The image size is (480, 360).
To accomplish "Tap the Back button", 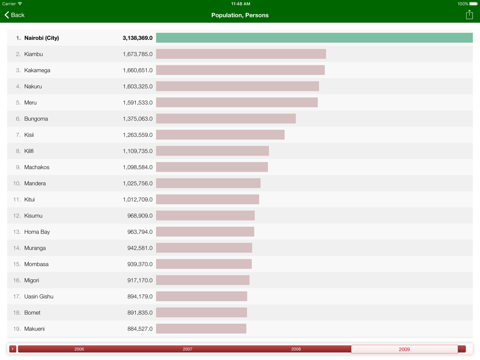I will tap(14, 15).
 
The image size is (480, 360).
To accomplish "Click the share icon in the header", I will tap(469, 15).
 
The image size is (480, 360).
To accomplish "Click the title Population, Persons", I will tap(240, 15).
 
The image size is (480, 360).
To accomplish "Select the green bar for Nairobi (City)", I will tap(314, 38).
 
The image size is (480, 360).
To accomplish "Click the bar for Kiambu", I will tap(241, 54).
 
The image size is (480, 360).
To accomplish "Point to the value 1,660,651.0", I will tap(137, 70).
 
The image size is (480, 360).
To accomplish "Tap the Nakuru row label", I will tap(33, 86).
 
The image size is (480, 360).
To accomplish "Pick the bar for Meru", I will tap(237, 103).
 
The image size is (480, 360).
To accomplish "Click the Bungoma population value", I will tap(137, 119).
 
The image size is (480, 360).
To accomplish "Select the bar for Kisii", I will tap(220, 135).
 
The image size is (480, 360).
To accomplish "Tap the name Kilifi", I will tap(29, 151).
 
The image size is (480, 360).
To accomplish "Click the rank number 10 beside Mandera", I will tap(17, 183).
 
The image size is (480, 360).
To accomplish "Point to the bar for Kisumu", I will tap(205, 216).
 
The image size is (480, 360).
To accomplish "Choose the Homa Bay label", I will tap(37, 232).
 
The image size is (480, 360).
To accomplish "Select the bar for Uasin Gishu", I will tap(202, 297).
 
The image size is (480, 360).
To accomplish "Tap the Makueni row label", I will tap(35, 329).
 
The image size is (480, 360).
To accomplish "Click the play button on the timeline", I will tap(13, 349).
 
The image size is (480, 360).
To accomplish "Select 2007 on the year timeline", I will tap(188, 349).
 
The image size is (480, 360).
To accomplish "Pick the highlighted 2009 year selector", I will tap(404, 349).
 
